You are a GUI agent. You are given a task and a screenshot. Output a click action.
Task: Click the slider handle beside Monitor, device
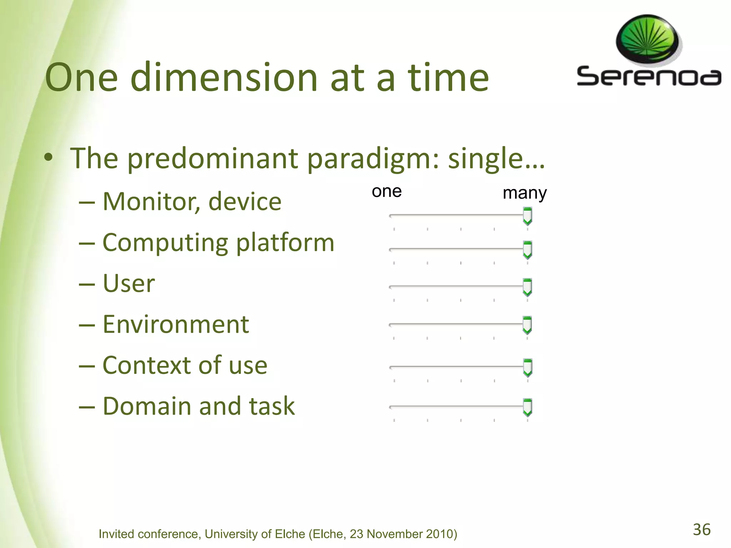(x=527, y=216)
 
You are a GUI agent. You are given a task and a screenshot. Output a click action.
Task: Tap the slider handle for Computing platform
(x=527, y=250)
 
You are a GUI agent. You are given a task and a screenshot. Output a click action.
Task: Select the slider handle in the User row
(x=527, y=287)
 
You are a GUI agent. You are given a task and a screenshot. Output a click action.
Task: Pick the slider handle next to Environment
(x=527, y=325)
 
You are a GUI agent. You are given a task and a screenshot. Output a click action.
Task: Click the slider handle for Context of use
(x=527, y=367)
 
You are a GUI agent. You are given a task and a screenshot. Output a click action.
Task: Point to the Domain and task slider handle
(x=527, y=407)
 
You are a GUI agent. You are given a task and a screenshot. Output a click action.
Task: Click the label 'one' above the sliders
(x=387, y=192)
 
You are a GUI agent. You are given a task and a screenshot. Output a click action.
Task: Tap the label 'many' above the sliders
(x=524, y=194)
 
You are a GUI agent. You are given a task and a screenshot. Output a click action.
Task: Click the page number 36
(x=702, y=529)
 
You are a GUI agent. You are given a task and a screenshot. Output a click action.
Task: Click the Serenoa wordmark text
(x=649, y=76)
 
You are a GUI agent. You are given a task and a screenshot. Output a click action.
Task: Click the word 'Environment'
(x=176, y=325)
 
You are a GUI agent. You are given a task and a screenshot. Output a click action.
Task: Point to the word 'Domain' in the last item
(x=147, y=406)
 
